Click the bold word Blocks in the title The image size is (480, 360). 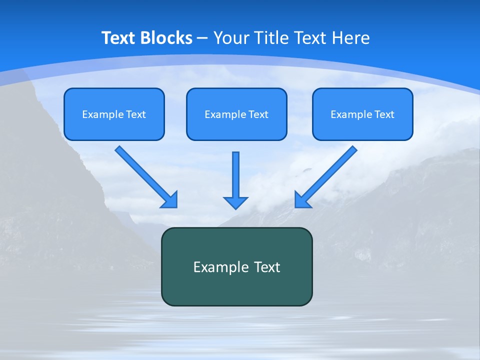point(166,38)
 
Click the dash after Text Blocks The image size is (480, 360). point(202,38)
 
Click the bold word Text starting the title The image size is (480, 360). point(119,38)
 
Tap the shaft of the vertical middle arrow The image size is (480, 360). point(235,172)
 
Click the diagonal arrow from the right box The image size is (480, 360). point(330,172)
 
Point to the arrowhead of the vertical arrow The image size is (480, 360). point(235,202)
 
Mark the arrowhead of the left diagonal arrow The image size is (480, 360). point(170,200)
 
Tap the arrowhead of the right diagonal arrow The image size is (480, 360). point(302,199)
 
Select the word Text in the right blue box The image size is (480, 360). point(384,114)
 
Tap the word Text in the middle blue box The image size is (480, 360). point(258,114)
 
